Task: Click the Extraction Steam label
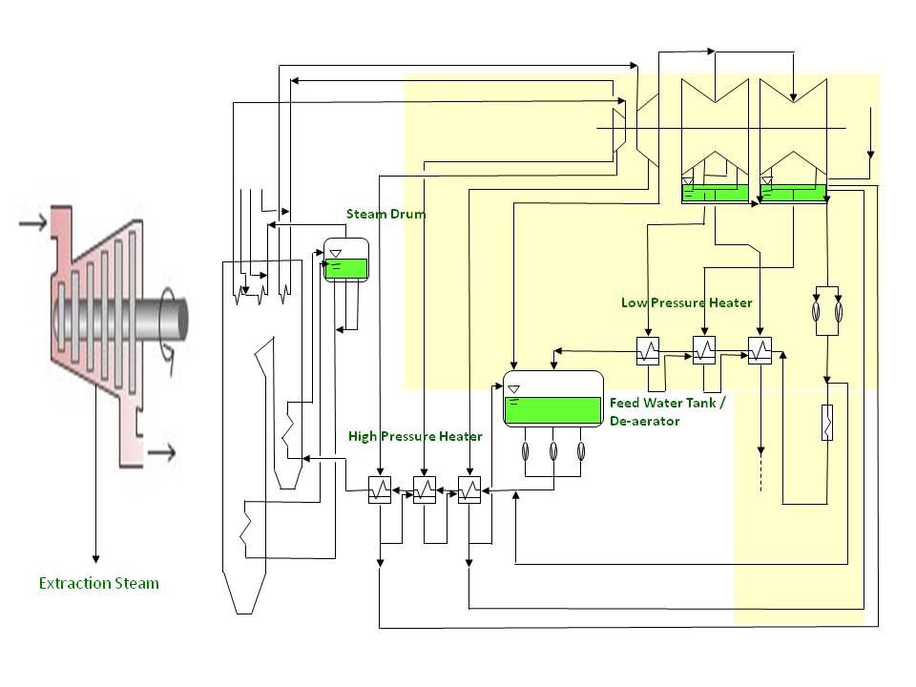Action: [x=98, y=583]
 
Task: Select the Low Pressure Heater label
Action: [x=686, y=302]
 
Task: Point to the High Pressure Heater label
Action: [x=414, y=436]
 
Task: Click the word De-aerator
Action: [x=644, y=421]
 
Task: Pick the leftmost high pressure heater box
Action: [x=380, y=492]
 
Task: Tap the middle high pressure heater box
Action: [x=425, y=492]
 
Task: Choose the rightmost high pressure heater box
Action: [x=469, y=492]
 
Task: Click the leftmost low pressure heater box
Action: [x=649, y=351]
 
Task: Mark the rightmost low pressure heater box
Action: [x=760, y=351]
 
